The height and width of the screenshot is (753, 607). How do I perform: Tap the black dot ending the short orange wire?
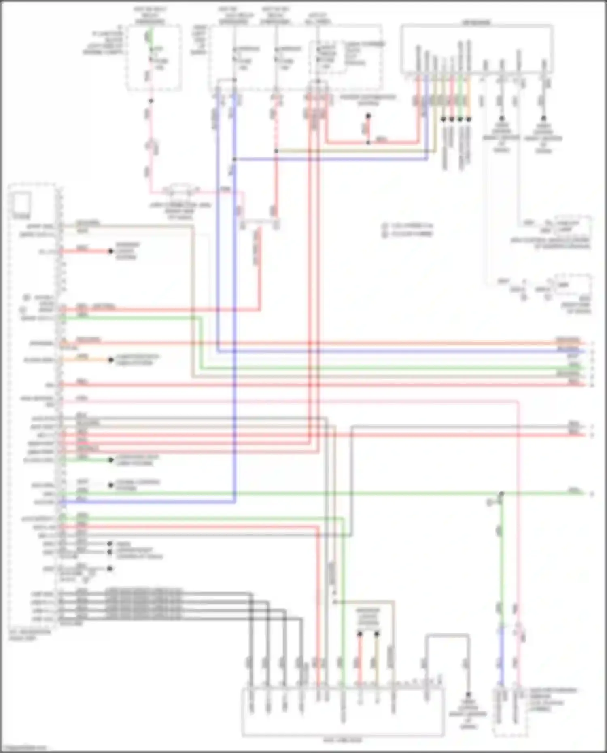[x=110, y=360]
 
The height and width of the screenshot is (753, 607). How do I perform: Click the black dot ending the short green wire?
[x=110, y=460]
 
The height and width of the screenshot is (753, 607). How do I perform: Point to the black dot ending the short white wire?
[x=110, y=485]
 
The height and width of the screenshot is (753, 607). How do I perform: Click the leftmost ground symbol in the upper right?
[x=501, y=119]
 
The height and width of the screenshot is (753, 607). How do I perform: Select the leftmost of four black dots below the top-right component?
[x=444, y=119]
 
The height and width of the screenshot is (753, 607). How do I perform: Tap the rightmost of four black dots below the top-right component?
[x=469, y=119]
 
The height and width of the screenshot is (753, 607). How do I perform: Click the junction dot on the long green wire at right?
[x=501, y=494]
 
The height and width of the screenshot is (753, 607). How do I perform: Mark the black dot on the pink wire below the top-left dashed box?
[x=151, y=101]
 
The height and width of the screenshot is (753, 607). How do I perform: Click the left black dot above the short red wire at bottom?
[x=359, y=634]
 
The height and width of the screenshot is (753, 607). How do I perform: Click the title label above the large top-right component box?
[x=477, y=22]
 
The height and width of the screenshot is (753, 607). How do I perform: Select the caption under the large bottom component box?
[x=342, y=740]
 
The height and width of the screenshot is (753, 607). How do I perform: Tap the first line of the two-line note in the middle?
[x=408, y=226]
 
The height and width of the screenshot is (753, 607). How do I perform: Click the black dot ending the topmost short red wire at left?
[x=110, y=251]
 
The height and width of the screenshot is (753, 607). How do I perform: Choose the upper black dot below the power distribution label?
[x=368, y=116]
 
